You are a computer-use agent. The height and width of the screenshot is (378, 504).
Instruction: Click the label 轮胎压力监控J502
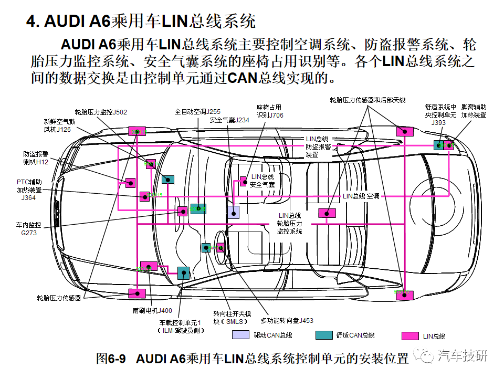pyautogui.click(x=101, y=112)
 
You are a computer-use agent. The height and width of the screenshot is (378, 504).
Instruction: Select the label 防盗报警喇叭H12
pyautogui.click(x=36, y=158)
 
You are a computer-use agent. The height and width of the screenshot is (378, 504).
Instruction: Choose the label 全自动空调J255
pyautogui.click(x=197, y=112)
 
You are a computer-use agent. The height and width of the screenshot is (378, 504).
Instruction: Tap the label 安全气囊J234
pyautogui.click(x=229, y=120)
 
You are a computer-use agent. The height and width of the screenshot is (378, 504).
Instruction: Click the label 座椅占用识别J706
pyautogui.click(x=269, y=111)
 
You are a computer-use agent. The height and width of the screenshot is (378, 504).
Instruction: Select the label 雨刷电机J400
pyautogui.click(x=152, y=310)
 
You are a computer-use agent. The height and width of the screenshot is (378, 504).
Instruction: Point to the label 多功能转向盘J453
pyautogui.click(x=287, y=320)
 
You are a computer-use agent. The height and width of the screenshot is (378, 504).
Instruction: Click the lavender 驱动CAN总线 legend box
pyautogui.click(x=240, y=335)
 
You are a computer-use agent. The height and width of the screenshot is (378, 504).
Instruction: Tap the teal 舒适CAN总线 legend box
pyautogui.click(x=324, y=335)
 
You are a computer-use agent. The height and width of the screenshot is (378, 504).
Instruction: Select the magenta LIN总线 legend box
pyautogui.click(x=409, y=335)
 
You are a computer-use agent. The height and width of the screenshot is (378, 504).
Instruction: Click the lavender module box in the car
pyautogui.click(x=233, y=212)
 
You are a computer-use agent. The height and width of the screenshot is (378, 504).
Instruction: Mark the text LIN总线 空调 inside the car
pyautogui.click(x=361, y=196)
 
